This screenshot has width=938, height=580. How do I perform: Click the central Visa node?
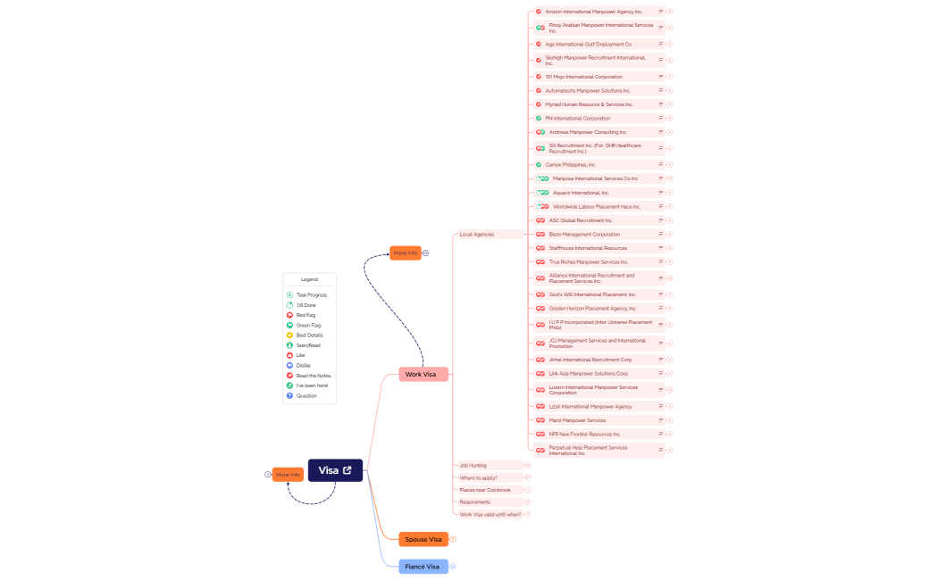[329, 470]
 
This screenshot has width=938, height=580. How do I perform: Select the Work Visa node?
[421, 375]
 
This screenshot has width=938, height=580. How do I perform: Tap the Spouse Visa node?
[423, 539]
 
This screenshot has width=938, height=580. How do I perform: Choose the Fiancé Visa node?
[422, 567]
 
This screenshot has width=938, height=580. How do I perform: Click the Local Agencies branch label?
[477, 235]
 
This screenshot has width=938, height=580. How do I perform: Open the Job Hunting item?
[473, 466]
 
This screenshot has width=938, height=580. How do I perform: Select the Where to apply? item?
[479, 478]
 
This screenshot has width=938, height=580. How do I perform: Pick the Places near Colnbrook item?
[485, 490]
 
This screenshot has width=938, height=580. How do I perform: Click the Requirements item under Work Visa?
[475, 502]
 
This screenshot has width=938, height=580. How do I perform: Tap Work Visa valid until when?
[490, 515]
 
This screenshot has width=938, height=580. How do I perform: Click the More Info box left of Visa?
[288, 475]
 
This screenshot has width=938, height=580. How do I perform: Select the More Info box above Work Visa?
[406, 253]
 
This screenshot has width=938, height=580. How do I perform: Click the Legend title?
[309, 279]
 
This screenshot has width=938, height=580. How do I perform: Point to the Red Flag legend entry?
[306, 315]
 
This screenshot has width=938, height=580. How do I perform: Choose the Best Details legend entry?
[309, 336]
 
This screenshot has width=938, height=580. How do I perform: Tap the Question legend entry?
[306, 396]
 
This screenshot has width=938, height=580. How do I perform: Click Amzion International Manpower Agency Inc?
[594, 12]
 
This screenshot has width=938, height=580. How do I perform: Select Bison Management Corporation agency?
[584, 235]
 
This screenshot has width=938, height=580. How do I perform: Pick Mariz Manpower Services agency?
[577, 420]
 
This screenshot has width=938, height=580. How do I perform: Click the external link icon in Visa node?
[348, 470]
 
